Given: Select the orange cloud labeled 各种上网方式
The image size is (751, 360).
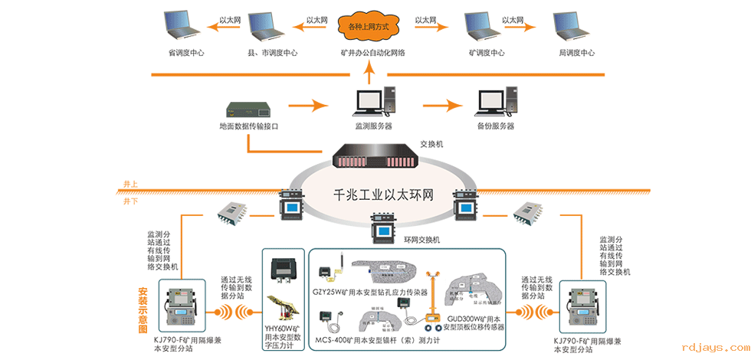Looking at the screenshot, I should [370, 27].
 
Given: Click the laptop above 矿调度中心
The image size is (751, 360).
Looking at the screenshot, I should [484, 25].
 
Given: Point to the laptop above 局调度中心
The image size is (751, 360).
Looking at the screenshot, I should [573, 25].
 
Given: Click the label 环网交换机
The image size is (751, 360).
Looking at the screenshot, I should [421, 240].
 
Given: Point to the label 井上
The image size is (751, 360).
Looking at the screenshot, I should [130, 184].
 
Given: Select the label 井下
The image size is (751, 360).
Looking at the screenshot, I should [130, 201].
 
